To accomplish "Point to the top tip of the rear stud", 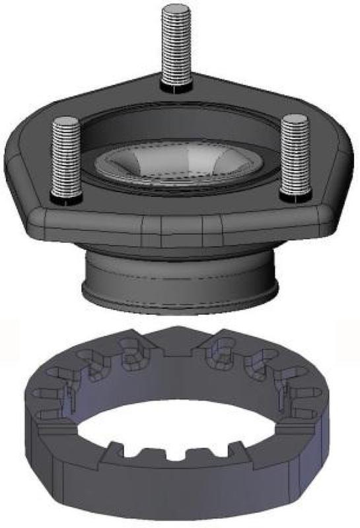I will pos(176,7).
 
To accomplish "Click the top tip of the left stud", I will pos(65,120).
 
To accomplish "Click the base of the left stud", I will pos(65,197).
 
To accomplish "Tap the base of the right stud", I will pos(293,195).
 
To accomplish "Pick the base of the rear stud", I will pos(176,84).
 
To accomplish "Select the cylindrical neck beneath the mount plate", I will pos(180,274).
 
